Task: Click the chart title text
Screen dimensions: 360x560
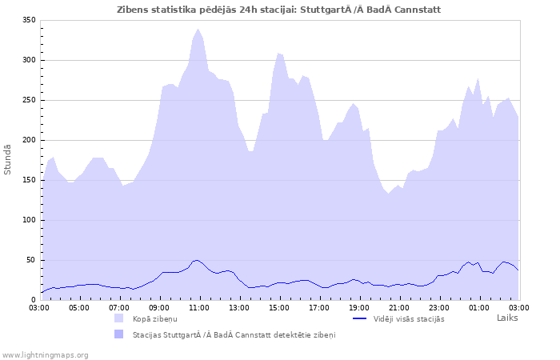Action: [x=278, y=10]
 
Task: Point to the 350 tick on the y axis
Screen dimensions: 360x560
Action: [x=29, y=20]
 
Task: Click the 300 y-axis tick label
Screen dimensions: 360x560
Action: [x=29, y=60]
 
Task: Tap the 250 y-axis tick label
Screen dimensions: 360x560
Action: [x=29, y=100]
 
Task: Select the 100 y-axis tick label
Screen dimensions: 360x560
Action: [x=29, y=220]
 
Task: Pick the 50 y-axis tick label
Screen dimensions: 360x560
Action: [x=31, y=260]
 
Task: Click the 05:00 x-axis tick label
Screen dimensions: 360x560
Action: [x=79, y=306]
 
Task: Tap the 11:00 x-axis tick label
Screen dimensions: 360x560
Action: [x=199, y=306]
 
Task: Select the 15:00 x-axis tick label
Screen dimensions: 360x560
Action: [x=279, y=306]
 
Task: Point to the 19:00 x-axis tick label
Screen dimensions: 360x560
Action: [x=359, y=306]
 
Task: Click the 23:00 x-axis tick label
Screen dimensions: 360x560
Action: [x=439, y=306]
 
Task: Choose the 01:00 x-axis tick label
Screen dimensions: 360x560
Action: [x=479, y=306]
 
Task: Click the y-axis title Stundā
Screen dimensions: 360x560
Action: [x=8, y=159]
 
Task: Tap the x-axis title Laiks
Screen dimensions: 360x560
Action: [x=507, y=318]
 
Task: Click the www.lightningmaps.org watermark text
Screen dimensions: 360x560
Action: [x=46, y=354]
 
